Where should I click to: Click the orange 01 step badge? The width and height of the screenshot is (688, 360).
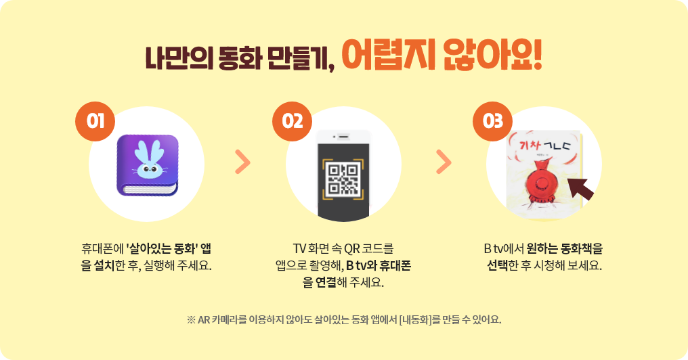coord(95,121)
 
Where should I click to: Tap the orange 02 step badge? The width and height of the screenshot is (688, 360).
coord(293,121)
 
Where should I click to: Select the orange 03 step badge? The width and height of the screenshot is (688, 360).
coord(492,121)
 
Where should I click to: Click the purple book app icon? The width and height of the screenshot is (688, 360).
coord(148,165)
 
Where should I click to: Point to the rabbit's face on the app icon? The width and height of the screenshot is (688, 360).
coord(149,169)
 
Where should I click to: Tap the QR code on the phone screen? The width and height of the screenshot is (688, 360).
coord(343,180)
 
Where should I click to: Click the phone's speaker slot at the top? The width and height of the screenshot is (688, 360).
coord(343,137)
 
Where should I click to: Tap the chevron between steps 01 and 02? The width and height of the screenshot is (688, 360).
coord(242,162)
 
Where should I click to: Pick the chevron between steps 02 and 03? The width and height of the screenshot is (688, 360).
coord(444,162)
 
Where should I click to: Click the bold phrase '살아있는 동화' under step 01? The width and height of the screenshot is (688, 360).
coord(160,248)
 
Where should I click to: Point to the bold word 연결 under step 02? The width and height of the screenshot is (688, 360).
coord(326,282)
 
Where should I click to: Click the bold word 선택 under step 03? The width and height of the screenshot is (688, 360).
coord(498,265)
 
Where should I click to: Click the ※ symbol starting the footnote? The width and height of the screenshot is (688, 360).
coord(191,319)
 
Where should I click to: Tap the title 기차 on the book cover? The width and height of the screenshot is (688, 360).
coord(530,144)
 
